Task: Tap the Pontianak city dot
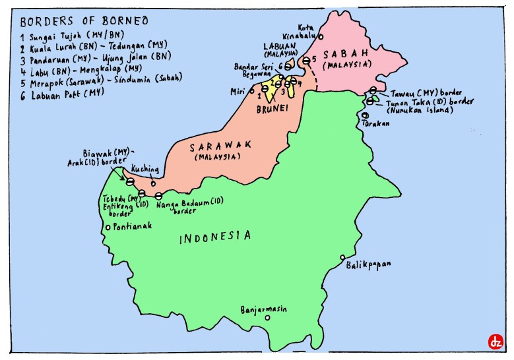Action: click(108, 228)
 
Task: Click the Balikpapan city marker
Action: click(342, 258)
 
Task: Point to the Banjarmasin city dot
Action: click(267, 318)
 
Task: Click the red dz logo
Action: click(495, 342)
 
